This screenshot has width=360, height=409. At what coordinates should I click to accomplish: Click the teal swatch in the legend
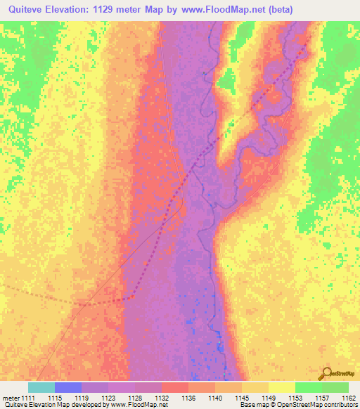pos(41,388)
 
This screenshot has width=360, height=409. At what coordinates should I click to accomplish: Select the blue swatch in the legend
pos(68,388)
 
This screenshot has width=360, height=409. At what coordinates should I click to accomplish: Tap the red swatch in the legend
pos(175,388)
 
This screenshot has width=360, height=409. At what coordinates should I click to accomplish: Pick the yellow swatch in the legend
pos(282,388)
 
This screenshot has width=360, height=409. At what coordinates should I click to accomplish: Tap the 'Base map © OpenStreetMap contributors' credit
pos(297,405)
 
